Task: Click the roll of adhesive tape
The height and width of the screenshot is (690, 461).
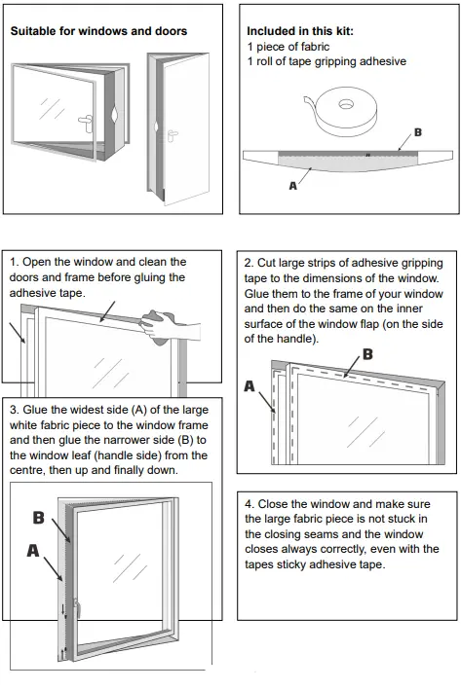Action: coord(346,111)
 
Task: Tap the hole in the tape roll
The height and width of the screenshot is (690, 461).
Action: coord(346,105)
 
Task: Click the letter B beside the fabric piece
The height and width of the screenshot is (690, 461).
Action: coord(417,132)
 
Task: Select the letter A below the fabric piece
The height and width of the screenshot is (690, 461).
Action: coord(293,186)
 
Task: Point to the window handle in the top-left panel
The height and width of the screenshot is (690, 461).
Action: coord(85,120)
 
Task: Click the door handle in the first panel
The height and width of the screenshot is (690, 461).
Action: coord(173,135)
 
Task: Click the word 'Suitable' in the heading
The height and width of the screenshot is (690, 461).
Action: coord(33,31)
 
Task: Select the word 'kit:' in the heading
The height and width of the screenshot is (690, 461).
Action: coord(344,31)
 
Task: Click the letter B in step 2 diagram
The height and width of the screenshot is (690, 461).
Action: coord(367,354)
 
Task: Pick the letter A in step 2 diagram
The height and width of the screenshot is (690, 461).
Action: coord(250,386)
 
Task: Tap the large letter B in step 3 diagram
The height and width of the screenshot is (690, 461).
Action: coord(39,518)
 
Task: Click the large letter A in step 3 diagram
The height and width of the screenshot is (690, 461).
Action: coord(33,550)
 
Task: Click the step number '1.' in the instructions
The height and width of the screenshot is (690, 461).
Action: coord(15,262)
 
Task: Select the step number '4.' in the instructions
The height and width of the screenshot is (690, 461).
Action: coord(250,504)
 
